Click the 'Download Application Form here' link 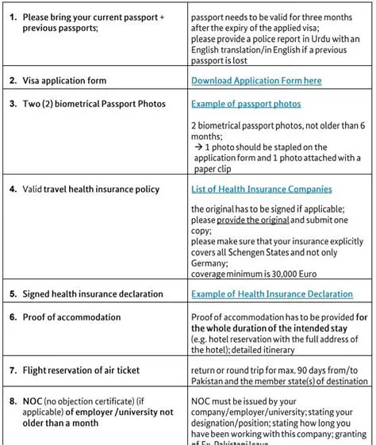[x=256, y=81]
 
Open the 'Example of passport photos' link [x=246, y=104]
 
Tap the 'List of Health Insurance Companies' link [x=261, y=190]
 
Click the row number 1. [x=13, y=17]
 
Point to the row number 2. [x=13, y=81]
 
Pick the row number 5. [x=13, y=294]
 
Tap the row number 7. [x=13, y=370]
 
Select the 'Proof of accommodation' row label [x=71, y=317]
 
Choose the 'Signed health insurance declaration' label [x=93, y=294]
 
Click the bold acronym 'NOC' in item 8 [x=33, y=401]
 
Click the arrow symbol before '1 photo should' [x=198, y=148]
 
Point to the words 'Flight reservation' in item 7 [x=58, y=370]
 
